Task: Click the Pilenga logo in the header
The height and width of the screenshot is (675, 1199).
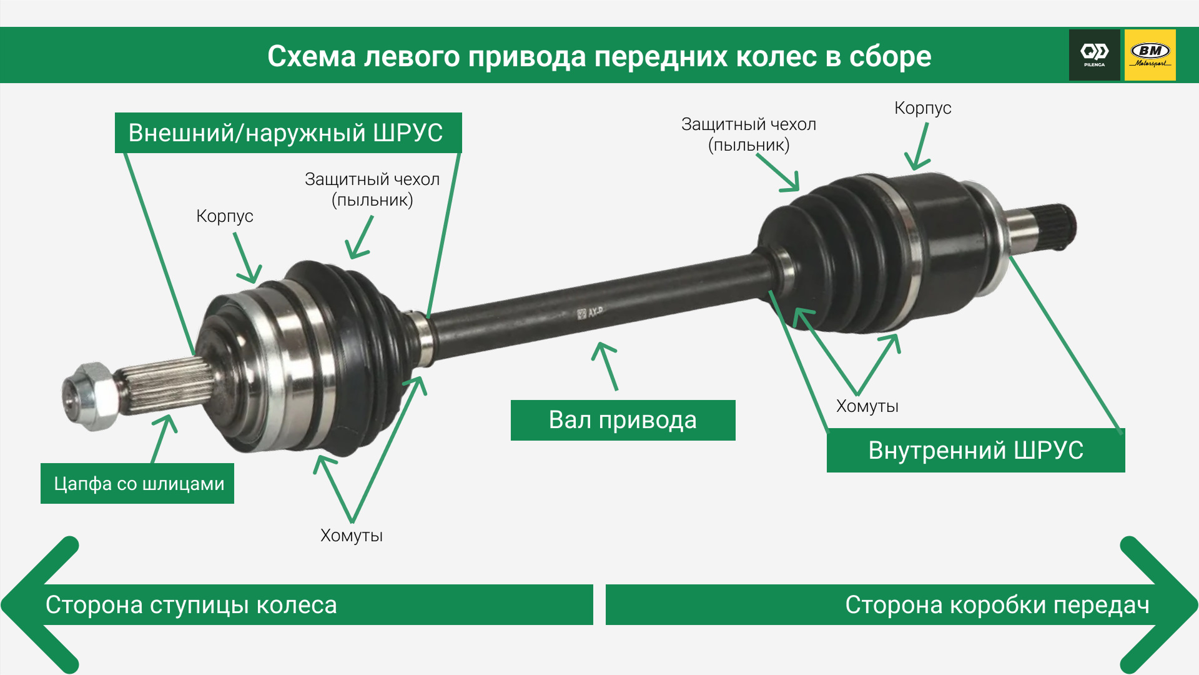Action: click(1094, 55)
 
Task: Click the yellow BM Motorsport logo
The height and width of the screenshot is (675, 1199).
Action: click(1150, 55)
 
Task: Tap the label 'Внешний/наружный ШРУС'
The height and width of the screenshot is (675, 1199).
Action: click(287, 133)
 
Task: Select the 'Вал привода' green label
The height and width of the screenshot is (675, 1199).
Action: click(623, 420)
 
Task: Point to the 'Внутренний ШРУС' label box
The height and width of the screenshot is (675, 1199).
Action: click(975, 450)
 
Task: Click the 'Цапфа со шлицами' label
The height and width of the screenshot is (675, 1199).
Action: click(138, 484)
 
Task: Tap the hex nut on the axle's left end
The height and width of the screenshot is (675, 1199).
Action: click(91, 396)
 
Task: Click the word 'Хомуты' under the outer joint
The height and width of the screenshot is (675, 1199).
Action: click(352, 536)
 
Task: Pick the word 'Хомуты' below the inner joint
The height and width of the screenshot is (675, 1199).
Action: click(867, 406)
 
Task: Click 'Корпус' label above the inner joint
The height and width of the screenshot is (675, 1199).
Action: click(922, 108)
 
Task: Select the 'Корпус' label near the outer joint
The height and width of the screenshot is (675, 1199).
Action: click(225, 216)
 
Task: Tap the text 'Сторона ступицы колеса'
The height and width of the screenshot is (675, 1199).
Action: click(191, 605)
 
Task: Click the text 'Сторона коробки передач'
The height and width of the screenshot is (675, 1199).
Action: click(997, 605)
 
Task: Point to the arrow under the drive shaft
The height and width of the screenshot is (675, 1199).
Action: click(606, 366)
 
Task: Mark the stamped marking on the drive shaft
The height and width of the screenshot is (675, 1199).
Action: click(590, 312)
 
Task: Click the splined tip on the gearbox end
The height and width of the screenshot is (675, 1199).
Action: click(1055, 226)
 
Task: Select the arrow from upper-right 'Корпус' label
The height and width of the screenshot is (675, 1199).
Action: click(919, 147)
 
